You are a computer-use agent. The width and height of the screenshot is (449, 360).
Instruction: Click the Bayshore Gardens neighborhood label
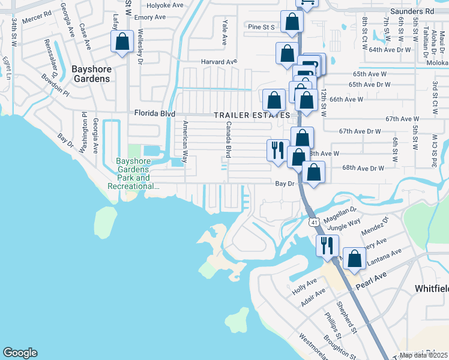pos(91,73)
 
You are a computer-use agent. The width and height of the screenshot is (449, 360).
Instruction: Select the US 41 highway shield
pos(314,223)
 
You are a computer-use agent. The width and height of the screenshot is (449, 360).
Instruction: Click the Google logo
pos(20,352)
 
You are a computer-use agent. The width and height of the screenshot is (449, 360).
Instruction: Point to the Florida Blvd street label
pos(154,113)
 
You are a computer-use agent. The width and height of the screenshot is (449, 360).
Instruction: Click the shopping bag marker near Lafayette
pos(122,42)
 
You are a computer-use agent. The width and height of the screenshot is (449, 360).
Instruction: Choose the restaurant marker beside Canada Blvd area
pos(277,149)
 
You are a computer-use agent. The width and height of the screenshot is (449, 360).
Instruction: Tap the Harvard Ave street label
pos(220,61)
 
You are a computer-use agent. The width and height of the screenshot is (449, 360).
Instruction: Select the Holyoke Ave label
pos(165,5)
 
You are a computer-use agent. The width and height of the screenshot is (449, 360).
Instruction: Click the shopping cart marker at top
pos(307,2)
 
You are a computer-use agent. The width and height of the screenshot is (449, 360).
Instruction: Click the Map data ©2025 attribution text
pos(424,355)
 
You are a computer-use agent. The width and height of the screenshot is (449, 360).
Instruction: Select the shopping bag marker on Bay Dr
pos(313,172)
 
